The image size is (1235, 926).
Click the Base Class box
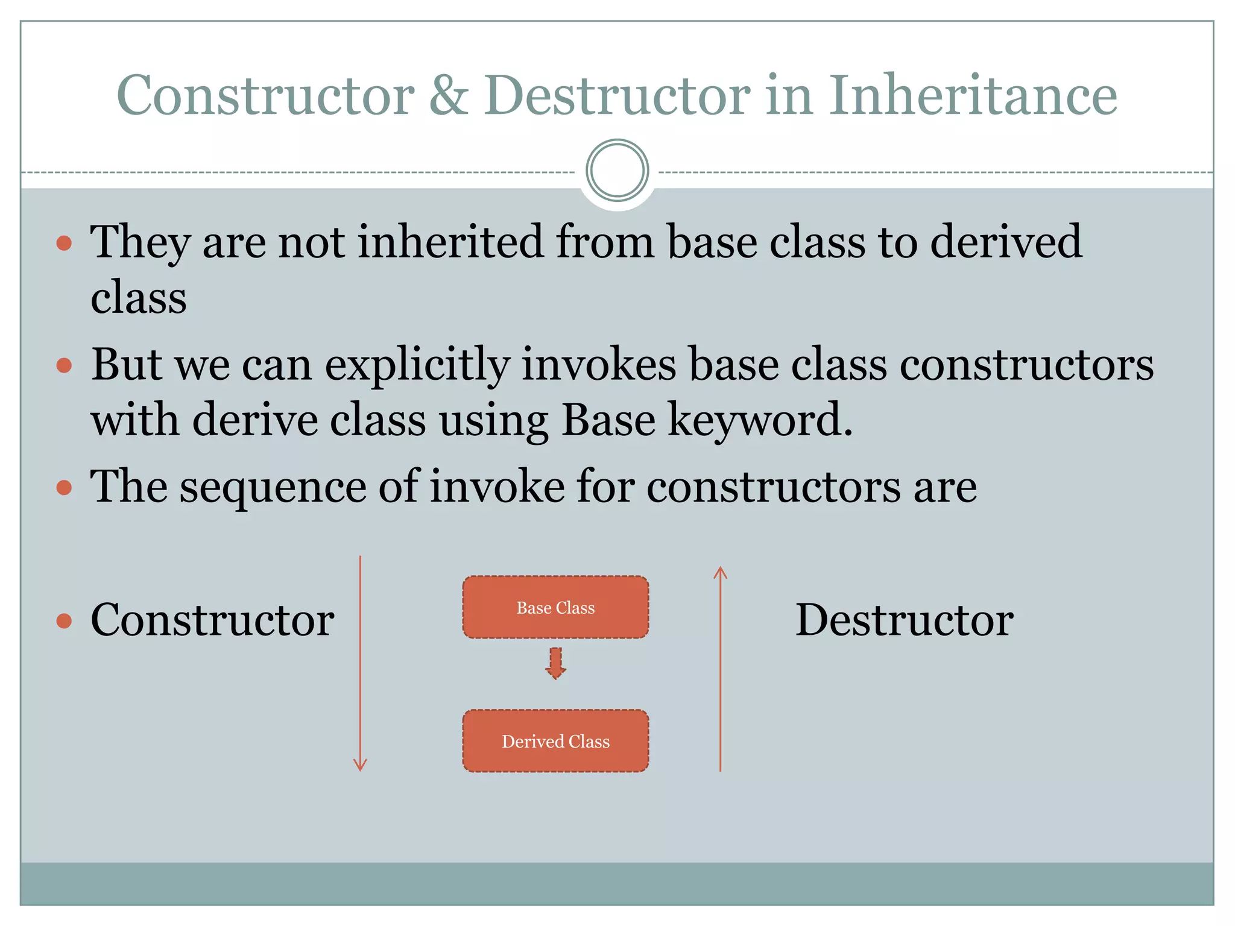pos(555,607)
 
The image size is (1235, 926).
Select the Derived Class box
pos(555,741)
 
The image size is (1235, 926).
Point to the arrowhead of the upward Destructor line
pos(720,572)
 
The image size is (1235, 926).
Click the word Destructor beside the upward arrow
pos(904,620)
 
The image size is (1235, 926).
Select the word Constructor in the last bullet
pos(212,620)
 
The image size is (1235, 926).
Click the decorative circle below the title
pos(617,171)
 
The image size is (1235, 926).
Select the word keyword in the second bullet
pos(760,420)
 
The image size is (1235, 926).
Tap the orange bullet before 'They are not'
pos(64,244)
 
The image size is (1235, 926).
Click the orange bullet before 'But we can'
pos(64,365)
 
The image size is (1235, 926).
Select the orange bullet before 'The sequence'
pos(64,487)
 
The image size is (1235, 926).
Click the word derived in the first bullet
pos(1005,241)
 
